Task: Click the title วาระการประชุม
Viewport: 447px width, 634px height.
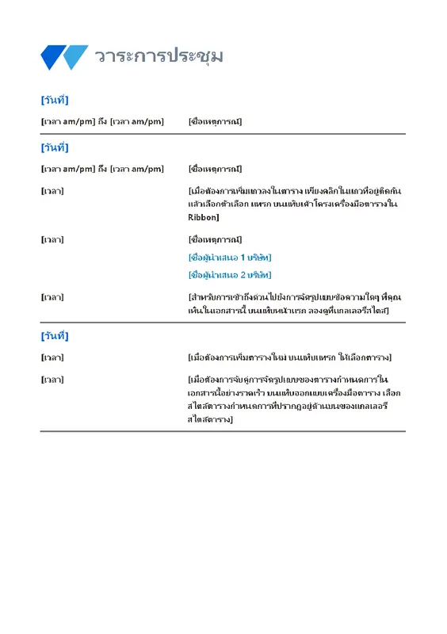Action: point(159,56)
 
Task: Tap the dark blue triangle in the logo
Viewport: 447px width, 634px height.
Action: point(51,55)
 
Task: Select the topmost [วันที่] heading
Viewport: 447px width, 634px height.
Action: point(55,100)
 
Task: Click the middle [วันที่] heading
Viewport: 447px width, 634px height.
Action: point(55,147)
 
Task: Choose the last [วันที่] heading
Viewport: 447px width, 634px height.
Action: point(55,336)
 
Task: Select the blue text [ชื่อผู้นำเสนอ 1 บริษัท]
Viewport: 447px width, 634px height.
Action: point(230,258)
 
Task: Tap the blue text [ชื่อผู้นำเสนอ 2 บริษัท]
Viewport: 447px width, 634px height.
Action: point(230,275)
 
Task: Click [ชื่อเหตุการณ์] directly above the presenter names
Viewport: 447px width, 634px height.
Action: point(215,239)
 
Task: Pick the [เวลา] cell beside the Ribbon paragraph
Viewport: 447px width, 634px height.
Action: point(52,191)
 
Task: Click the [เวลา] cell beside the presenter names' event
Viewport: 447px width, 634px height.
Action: point(52,239)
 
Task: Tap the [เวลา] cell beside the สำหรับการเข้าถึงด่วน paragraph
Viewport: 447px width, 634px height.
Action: point(52,297)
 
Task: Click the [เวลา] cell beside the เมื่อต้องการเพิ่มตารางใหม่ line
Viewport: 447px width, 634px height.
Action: point(52,357)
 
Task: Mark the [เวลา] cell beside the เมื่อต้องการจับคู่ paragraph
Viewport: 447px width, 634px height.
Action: point(52,380)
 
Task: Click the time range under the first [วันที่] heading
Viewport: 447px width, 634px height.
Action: point(102,121)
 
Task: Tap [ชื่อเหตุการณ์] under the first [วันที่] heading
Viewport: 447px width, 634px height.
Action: point(215,121)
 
